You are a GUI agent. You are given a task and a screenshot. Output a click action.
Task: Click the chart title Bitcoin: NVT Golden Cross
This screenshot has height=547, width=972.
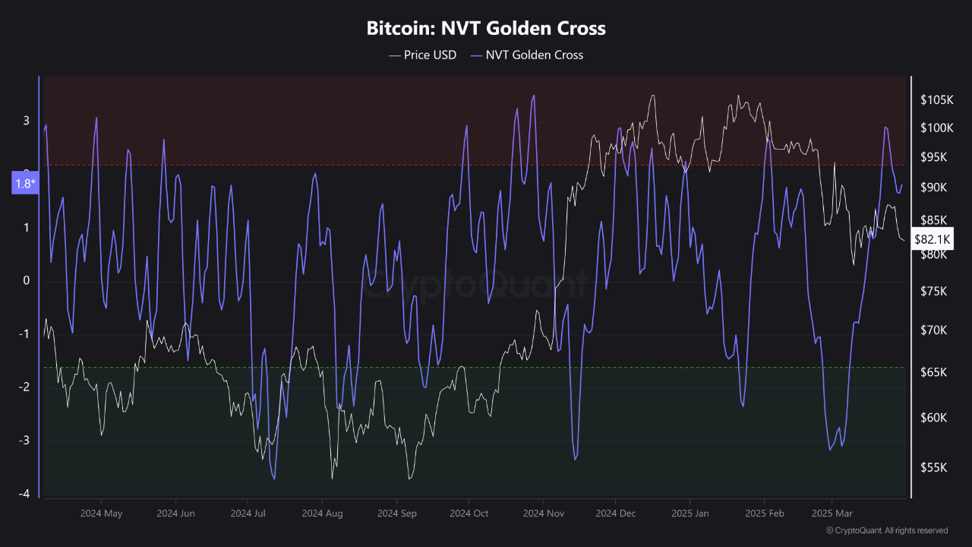(x=486, y=29)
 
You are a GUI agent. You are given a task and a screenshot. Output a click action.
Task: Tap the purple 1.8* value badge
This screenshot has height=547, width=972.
(x=24, y=183)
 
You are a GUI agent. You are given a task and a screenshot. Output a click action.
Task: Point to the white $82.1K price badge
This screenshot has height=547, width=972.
(x=933, y=239)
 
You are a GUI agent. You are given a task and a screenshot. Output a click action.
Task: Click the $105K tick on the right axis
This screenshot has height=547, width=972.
(x=936, y=100)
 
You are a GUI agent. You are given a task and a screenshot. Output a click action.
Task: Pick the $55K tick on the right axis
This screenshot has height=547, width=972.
(x=934, y=468)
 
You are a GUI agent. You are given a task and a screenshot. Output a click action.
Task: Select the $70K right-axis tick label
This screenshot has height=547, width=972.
(x=934, y=330)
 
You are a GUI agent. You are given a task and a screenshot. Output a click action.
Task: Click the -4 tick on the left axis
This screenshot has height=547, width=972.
(x=24, y=494)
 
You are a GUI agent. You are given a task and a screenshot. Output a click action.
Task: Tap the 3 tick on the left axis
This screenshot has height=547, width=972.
(x=27, y=121)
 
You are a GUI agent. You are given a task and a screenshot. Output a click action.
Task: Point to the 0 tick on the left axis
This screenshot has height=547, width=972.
(x=27, y=281)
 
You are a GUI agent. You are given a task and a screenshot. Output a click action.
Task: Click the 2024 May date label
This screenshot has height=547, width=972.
(x=101, y=514)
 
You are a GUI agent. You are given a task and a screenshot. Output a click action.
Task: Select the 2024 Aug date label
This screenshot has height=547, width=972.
(x=322, y=514)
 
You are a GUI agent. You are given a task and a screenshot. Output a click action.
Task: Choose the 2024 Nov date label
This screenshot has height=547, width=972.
(x=544, y=514)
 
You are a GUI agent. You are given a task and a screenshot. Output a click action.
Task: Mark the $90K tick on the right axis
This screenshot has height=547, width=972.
(x=934, y=188)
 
